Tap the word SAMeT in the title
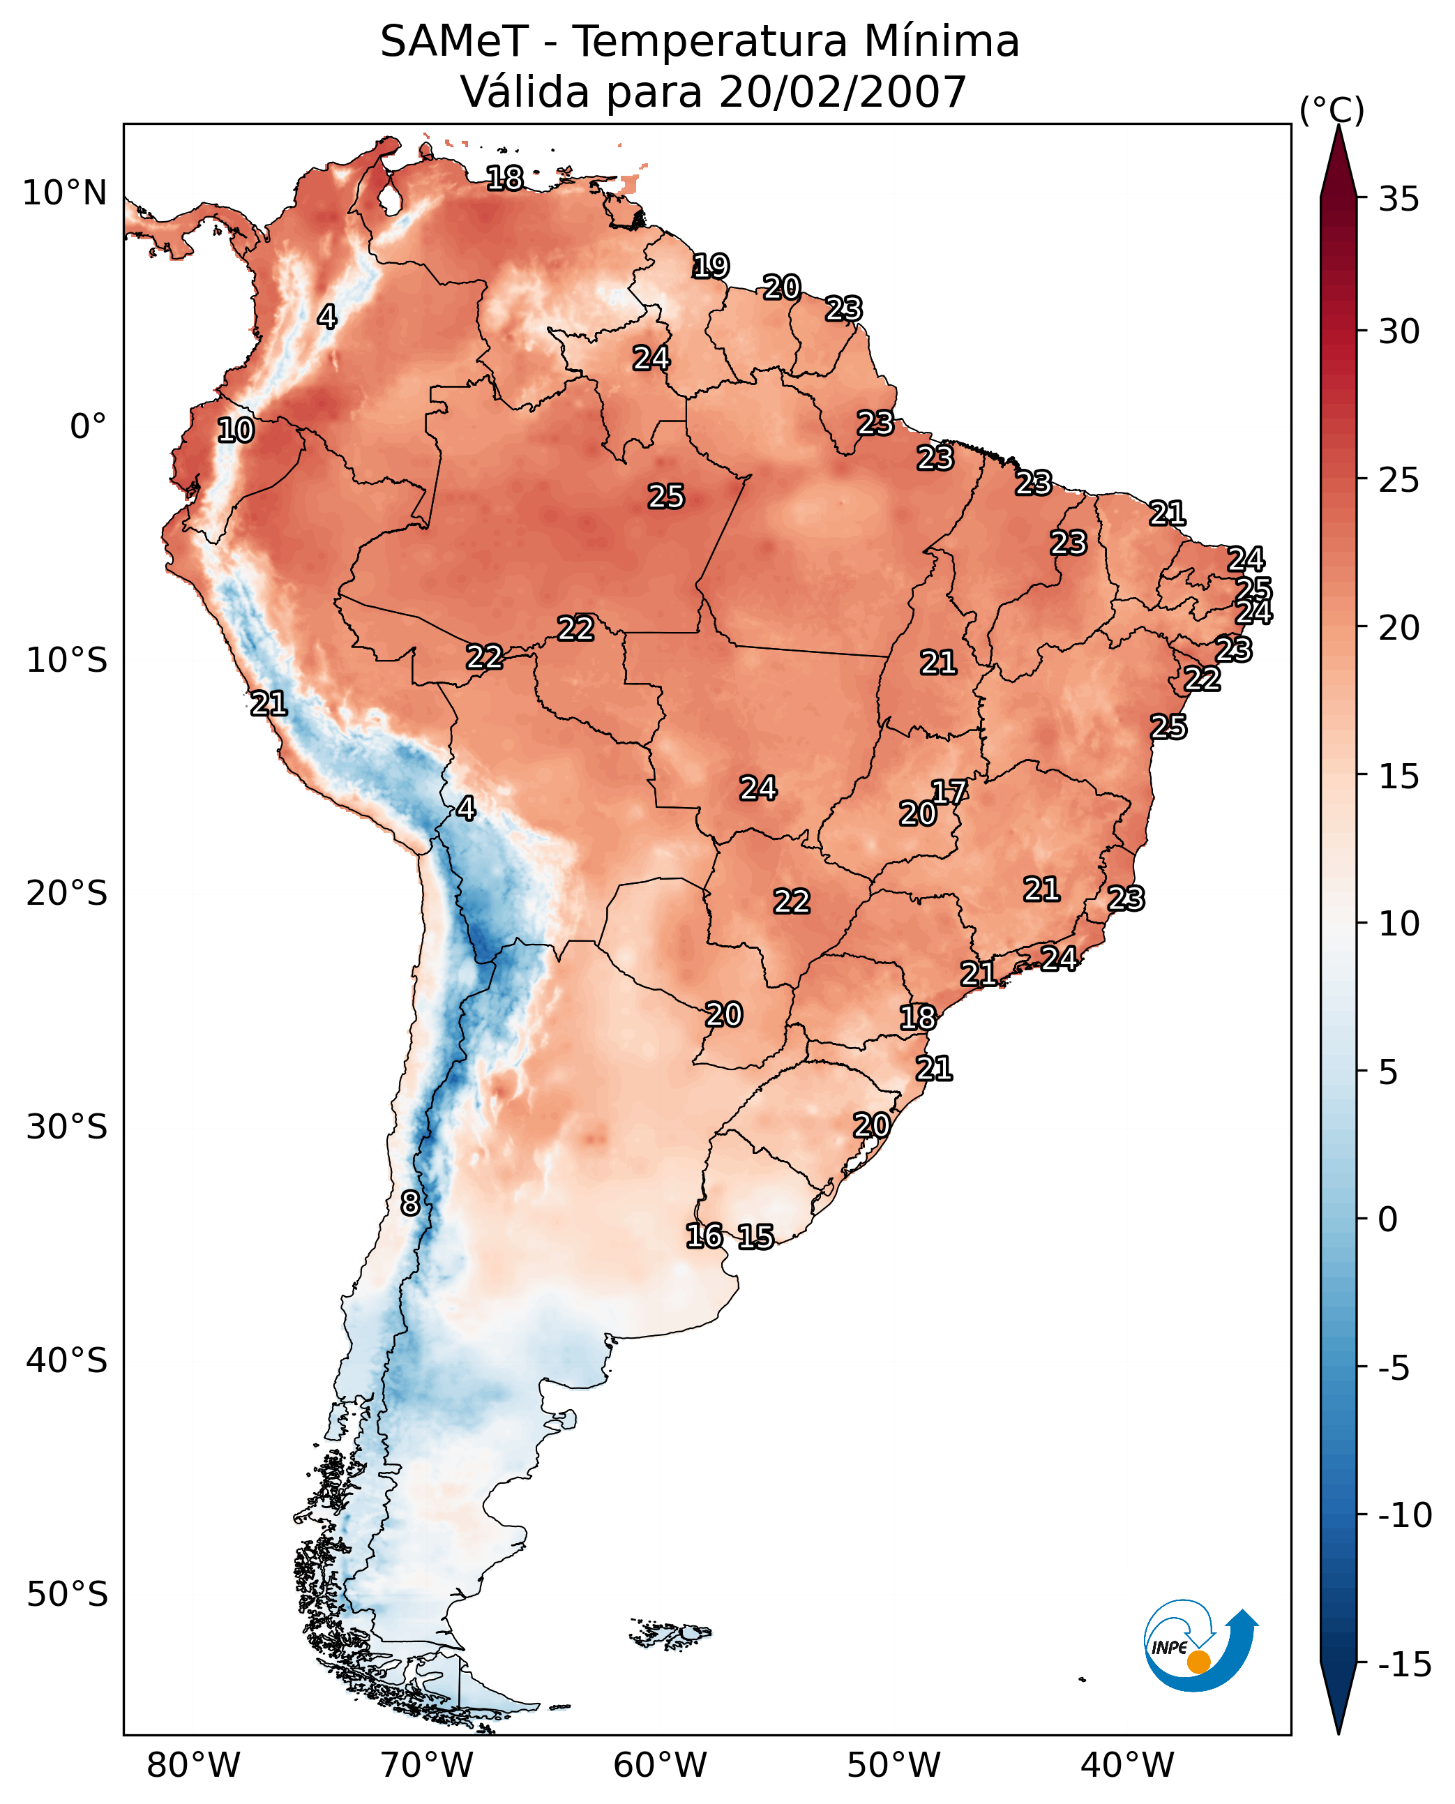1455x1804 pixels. (x=453, y=42)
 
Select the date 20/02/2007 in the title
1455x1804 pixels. (x=843, y=92)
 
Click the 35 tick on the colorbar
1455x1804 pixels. (x=1399, y=200)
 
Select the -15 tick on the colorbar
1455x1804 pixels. (x=1405, y=1665)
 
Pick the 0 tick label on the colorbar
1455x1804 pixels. (x=1388, y=1219)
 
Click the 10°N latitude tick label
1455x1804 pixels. (x=65, y=194)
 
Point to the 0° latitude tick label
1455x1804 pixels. (x=88, y=427)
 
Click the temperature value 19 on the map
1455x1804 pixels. (x=711, y=266)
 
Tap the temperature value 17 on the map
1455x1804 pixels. (x=949, y=791)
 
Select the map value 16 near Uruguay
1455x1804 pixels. (x=704, y=1235)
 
